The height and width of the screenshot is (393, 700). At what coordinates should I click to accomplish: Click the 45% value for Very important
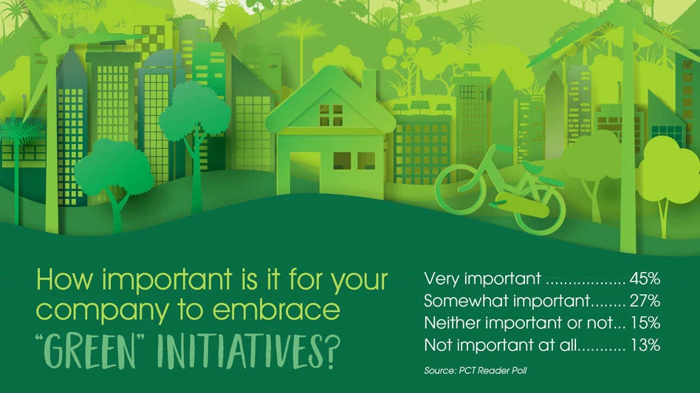coord(645,279)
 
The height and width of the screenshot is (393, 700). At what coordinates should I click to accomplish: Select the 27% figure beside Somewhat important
coord(645,301)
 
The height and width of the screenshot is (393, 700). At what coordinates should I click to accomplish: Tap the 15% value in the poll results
coord(645,323)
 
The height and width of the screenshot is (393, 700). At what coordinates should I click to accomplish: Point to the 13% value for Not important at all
coord(645,345)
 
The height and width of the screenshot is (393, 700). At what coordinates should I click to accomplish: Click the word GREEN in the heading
coord(90,352)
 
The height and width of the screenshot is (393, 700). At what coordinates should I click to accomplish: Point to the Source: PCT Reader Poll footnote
coord(476,371)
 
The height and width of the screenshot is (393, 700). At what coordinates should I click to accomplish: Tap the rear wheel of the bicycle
coord(540,209)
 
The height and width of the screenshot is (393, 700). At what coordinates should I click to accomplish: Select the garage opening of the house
coord(306,174)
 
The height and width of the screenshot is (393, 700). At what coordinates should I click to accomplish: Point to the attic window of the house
coord(331,115)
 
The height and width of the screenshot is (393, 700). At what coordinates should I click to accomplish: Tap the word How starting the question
coord(66,279)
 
